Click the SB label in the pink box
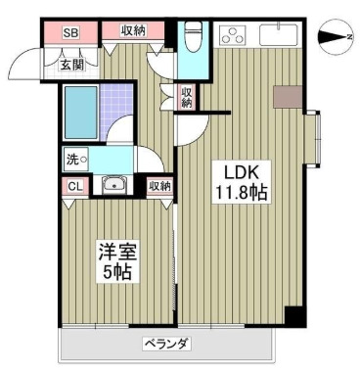[70, 32]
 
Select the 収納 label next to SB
[133, 31]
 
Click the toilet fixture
[193, 34]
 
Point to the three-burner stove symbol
[235, 36]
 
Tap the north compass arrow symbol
[336, 37]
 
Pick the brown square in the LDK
[288, 96]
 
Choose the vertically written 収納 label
[186, 97]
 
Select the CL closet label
[74, 185]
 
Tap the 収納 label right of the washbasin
[159, 185]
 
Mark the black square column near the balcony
[292, 315]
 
